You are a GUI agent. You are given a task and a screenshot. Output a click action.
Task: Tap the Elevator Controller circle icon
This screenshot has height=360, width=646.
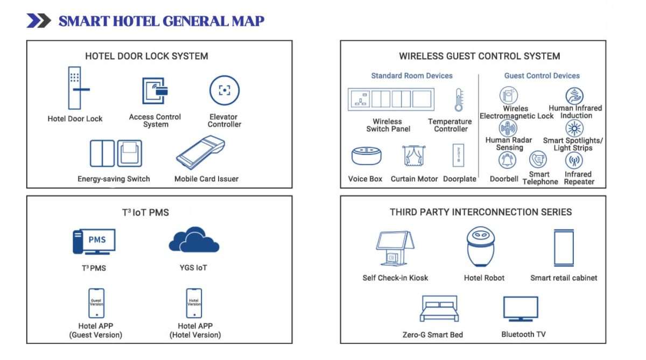click(x=224, y=90)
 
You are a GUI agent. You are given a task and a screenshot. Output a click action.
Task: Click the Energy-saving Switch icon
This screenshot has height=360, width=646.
click(x=116, y=153)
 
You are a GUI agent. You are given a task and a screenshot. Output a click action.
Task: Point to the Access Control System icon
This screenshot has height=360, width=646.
click(x=155, y=91)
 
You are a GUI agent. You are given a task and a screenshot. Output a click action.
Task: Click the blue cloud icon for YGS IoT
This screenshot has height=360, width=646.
click(x=194, y=241)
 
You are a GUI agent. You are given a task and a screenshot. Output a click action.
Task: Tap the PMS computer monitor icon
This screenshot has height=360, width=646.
click(x=94, y=241)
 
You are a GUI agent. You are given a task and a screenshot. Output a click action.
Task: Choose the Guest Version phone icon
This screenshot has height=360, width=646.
click(x=96, y=303)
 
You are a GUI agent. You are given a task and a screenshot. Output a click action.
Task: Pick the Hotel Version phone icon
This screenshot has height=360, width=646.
click(x=194, y=303)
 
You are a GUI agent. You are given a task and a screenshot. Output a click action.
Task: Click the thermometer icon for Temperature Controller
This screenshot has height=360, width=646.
click(x=459, y=100)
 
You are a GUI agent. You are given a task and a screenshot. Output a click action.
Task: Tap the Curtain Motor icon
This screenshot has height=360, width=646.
click(x=414, y=156)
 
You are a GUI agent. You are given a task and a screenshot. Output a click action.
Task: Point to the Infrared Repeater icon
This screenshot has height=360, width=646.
click(x=574, y=160)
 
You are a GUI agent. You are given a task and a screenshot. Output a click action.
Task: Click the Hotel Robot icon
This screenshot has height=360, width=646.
click(x=480, y=246)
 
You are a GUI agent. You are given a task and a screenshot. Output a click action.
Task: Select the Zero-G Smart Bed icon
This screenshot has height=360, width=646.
click(x=439, y=309)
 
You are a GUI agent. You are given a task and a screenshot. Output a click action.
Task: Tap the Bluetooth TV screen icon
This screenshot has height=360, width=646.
click(x=520, y=309)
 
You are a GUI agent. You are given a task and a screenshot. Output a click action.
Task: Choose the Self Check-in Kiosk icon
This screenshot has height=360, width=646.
click(x=395, y=248)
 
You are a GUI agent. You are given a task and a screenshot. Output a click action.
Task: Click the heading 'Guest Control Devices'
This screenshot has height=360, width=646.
click(x=542, y=76)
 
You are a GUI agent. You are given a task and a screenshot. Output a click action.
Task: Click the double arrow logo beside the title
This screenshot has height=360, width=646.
click(x=39, y=21)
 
